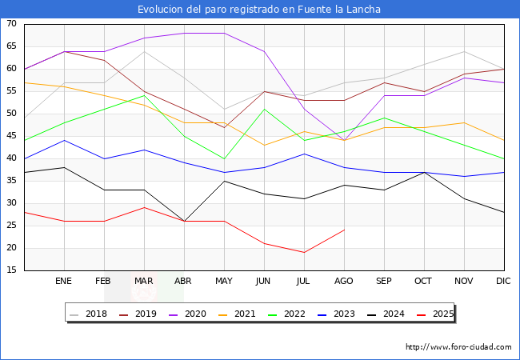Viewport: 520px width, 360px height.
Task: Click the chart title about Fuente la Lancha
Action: point(259,10)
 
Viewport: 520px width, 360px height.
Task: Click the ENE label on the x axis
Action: point(64,282)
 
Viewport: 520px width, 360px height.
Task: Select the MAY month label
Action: point(224,282)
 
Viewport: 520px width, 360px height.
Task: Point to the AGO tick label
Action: point(344,282)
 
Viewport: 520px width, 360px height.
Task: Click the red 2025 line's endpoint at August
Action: point(344,230)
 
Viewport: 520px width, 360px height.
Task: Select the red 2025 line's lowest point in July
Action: point(304,253)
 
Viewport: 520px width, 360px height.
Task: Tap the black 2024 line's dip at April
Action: point(184,221)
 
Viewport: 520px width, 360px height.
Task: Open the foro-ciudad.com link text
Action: point(458,347)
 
